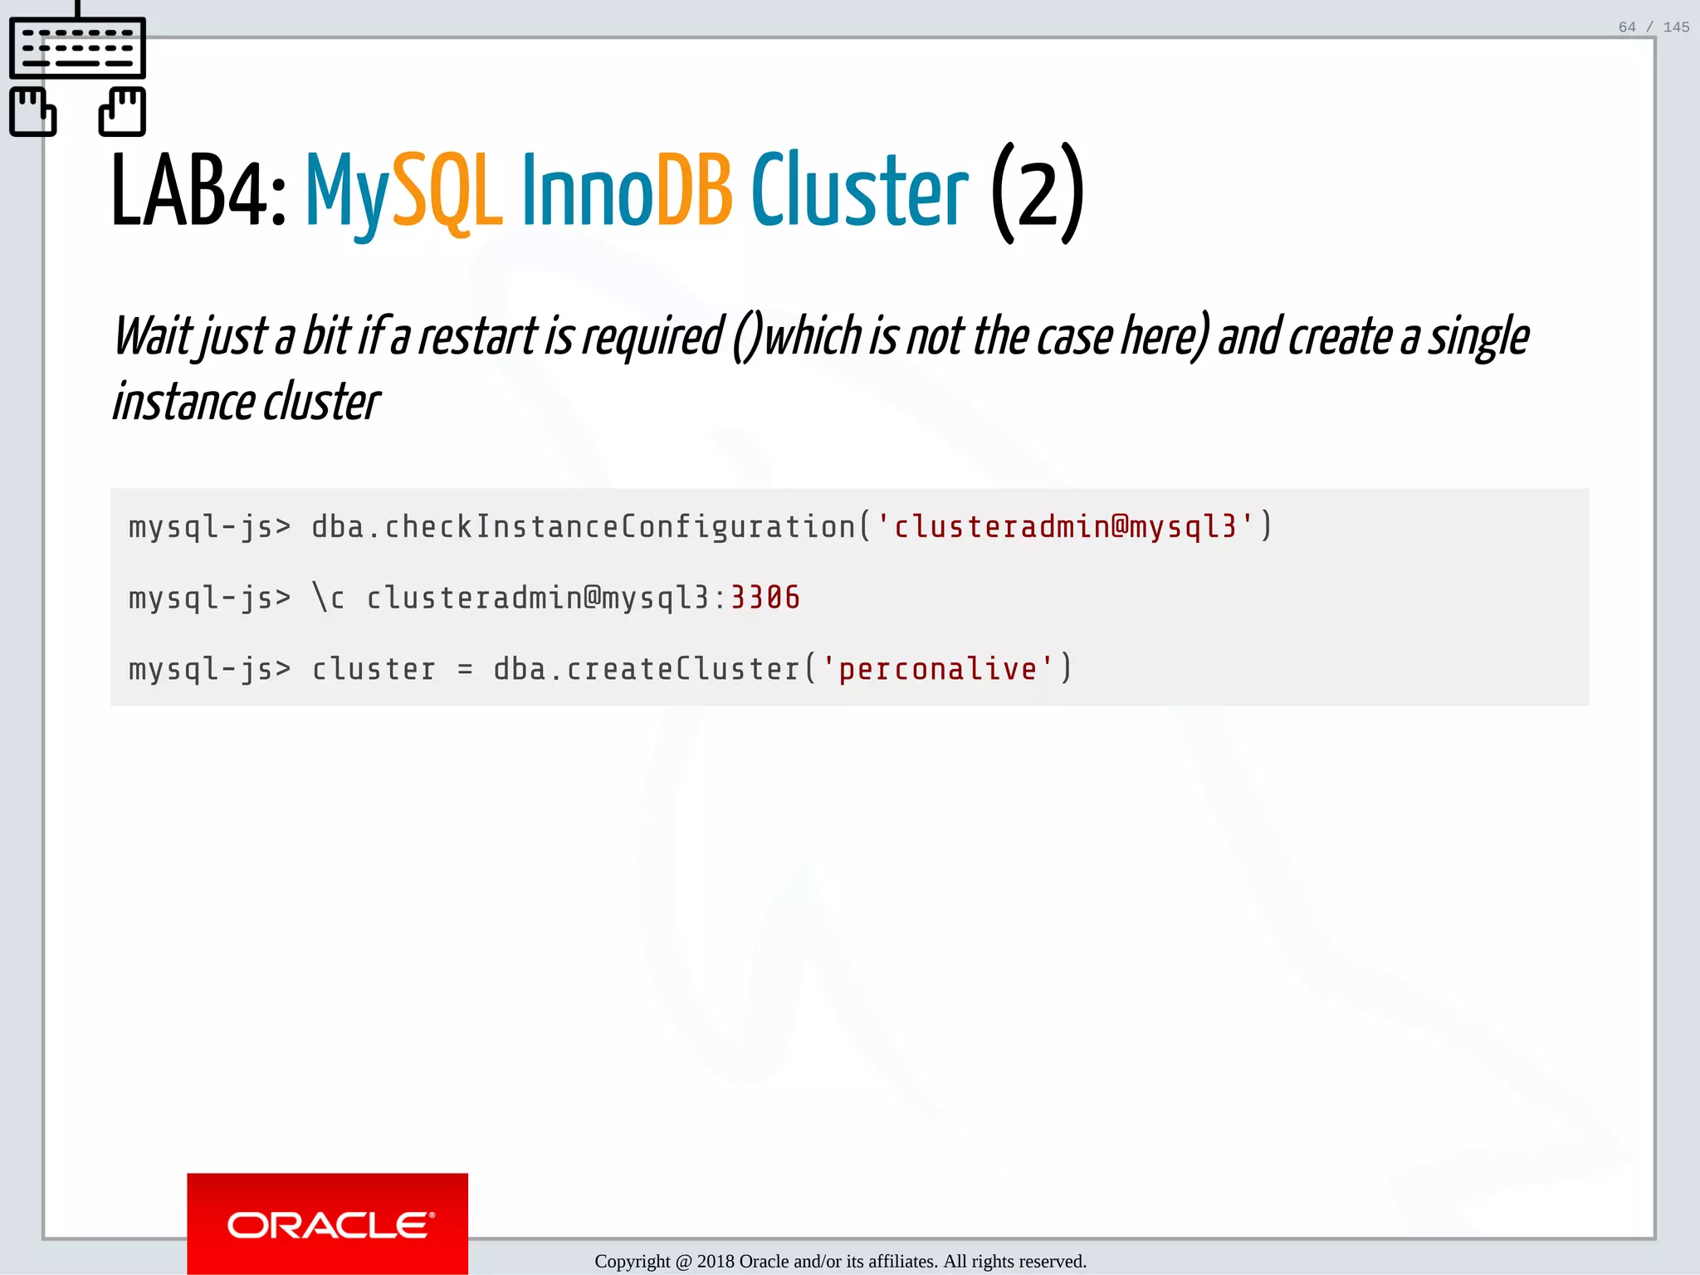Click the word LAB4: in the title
(199, 191)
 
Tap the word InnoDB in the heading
(627, 191)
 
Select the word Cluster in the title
(859, 191)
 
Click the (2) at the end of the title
(1038, 193)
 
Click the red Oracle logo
(327, 1224)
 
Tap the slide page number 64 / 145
(1654, 27)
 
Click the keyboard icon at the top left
(77, 48)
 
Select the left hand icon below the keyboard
(33, 111)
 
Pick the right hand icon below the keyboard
(122, 111)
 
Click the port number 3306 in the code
(765, 598)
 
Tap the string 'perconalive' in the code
(938, 669)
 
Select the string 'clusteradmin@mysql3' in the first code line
(1065, 526)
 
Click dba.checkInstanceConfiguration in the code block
(583, 526)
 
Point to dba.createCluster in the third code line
(646, 669)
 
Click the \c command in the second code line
(328, 598)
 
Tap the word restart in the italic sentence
(477, 337)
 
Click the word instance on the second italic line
(183, 403)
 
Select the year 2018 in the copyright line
(715, 1262)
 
